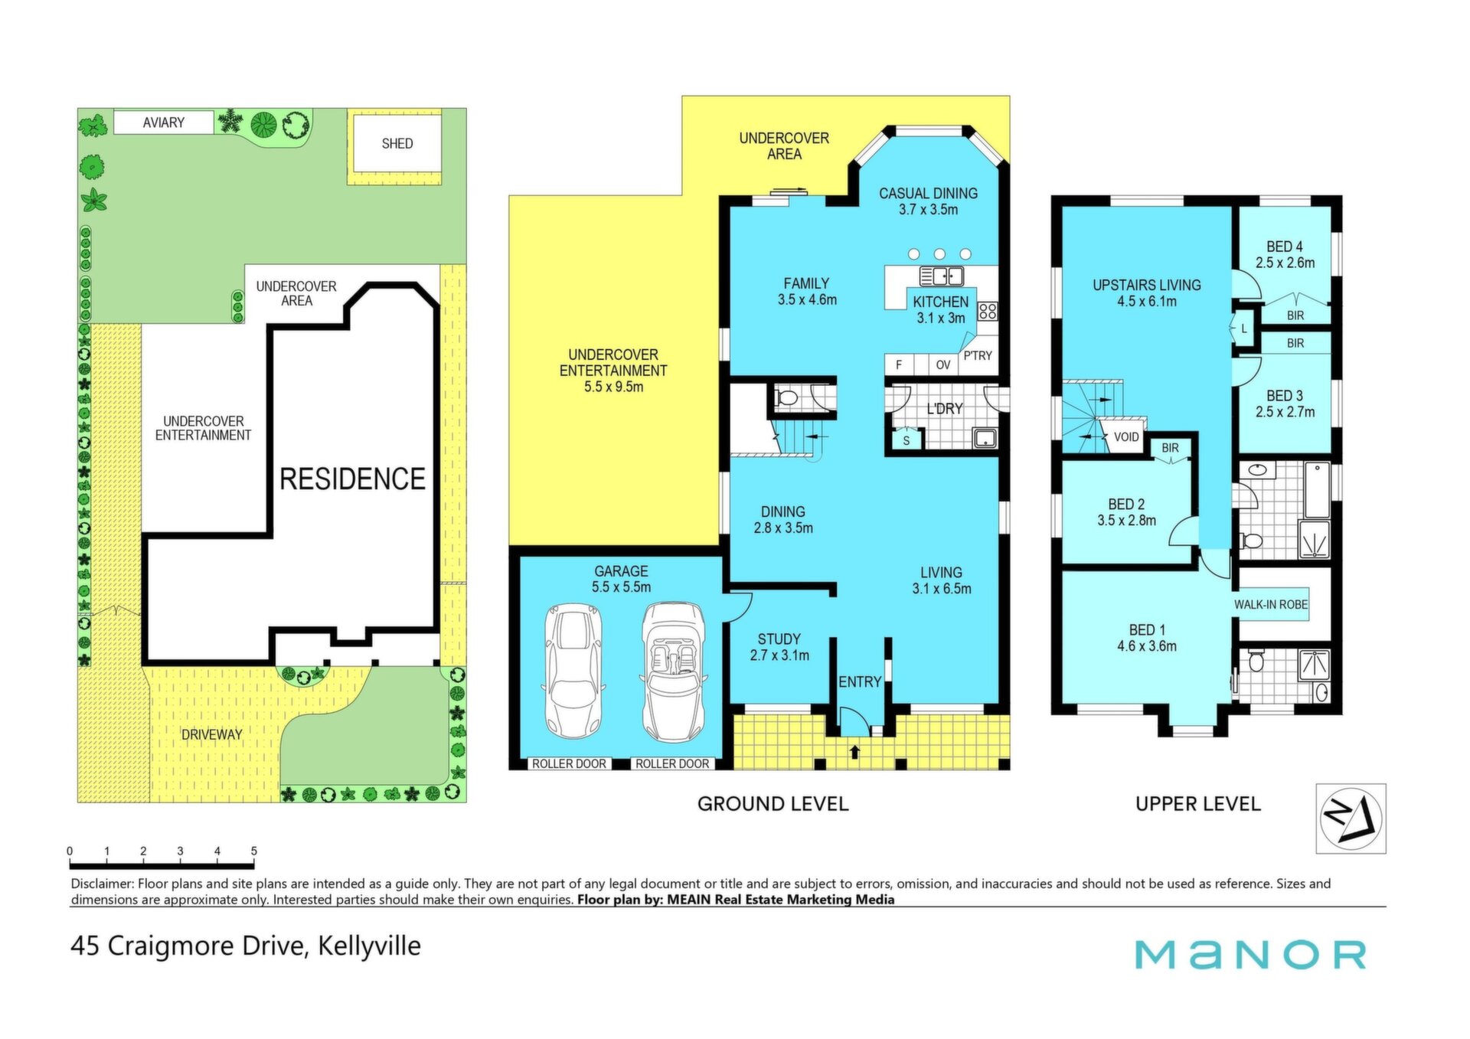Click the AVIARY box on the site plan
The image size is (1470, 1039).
coord(164,123)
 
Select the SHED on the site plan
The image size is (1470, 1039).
coord(397,143)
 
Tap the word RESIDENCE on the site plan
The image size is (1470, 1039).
coord(352,479)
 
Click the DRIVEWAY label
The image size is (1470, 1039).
coord(211,734)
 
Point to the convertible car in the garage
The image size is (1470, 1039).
coord(673,673)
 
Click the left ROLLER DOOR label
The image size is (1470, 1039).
coord(569,763)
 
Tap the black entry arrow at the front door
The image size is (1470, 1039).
coord(855,752)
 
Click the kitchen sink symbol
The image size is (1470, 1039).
coord(942,276)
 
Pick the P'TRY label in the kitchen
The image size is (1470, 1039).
coord(978,355)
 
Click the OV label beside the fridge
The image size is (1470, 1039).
coord(943,365)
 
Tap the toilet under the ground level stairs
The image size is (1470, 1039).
coord(786,397)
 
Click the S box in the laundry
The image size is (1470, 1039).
coord(906,440)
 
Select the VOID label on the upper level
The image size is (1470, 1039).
coord(1126,437)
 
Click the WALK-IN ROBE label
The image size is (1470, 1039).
coord(1271,605)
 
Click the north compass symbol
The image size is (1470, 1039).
coord(1351,818)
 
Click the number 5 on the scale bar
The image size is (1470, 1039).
coord(253,851)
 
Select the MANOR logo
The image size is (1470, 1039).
coord(1250,954)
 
